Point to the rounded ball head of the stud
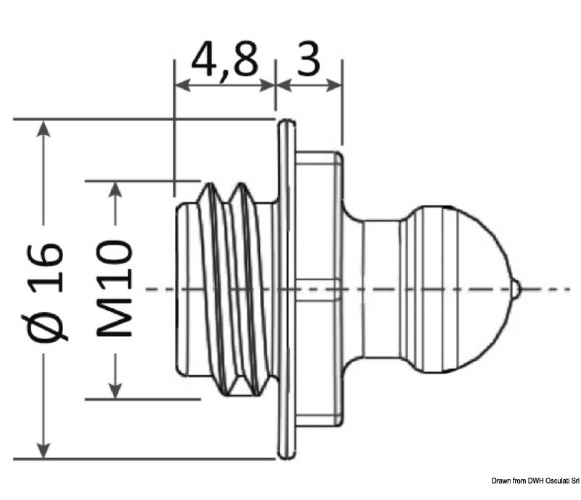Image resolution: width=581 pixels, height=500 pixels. (x=459, y=289)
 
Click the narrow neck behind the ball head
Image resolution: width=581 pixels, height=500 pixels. (x=381, y=289)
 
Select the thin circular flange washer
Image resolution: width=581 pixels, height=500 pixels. (x=287, y=289)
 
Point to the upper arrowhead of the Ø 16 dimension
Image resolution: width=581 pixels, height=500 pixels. (x=43, y=128)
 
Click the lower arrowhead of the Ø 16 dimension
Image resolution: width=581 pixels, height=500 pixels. (x=43, y=450)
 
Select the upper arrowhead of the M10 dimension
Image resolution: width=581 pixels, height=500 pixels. (x=116, y=189)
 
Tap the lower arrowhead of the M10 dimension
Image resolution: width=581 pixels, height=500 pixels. (x=116, y=390)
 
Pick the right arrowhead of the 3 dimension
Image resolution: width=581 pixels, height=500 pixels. (x=333, y=85)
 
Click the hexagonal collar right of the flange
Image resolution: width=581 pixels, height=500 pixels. (x=319, y=289)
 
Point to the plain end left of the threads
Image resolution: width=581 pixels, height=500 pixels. (x=187, y=289)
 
